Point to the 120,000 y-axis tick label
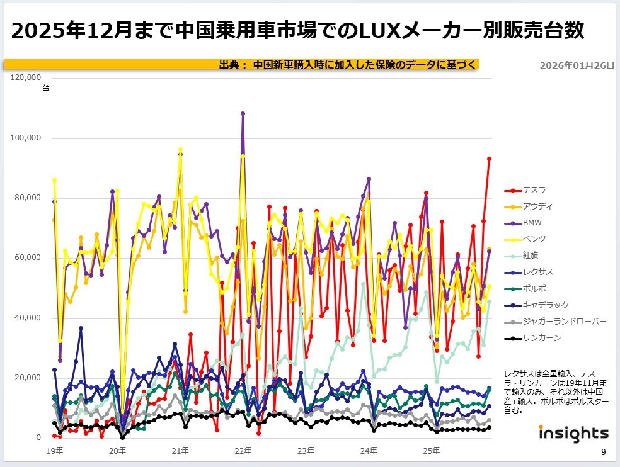(x=26, y=77)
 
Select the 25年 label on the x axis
(x=431, y=451)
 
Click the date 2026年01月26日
(x=577, y=65)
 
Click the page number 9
(x=603, y=452)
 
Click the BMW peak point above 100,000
(x=243, y=114)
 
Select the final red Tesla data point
(x=490, y=159)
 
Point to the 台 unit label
(x=45, y=89)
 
